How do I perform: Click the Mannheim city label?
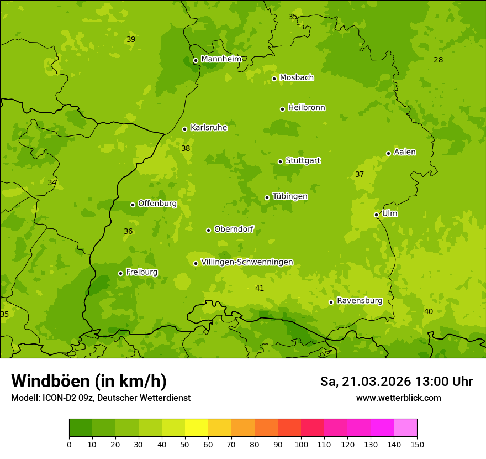click(x=221, y=59)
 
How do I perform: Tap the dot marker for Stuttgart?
click(x=280, y=161)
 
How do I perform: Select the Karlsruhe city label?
click(x=209, y=128)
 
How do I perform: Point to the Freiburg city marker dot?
click(x=120, y=273)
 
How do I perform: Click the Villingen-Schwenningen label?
click(x=247, y=262)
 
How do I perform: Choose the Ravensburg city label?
click(x=360, y=301)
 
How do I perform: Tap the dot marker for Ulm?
click(x=376, y=215)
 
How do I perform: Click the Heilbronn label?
click(x=307, y=108)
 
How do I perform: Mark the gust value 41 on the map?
click(x=260, y=288)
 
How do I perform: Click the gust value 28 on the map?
click(x=438, y=60)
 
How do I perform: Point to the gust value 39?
click(x=131, y=39)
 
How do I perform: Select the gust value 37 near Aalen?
click(x=360, y=174)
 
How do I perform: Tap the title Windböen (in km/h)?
click(x=89, y=381)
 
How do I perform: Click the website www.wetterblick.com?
click(x=398, y=398)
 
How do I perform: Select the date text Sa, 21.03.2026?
click(x=366, y=382)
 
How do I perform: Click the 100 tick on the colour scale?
click(x=301, y=444)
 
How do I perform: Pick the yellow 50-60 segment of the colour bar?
click(x=197, y=428)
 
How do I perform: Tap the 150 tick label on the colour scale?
click(x=417, y=444)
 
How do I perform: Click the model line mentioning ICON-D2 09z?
click(x=101, y=398)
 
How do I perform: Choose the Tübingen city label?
click(x=290, y=196)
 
